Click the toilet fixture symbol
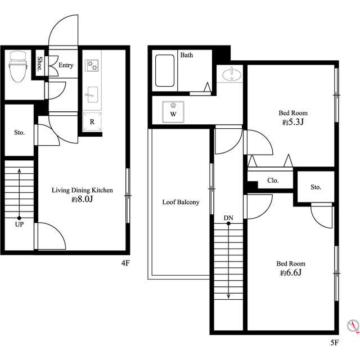click(19, 66)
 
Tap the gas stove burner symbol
click(92, 65)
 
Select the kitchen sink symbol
click(92, 94)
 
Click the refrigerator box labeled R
click(92, 121)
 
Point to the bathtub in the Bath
click(165, 70)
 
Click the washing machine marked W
click(173, 112)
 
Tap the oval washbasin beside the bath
click(232, 75)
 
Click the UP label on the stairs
click(19, 224)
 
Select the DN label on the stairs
click(228, 218)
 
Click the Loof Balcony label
click(181, 202)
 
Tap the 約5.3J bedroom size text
click(293, 122)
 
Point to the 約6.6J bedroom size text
click(291, 273)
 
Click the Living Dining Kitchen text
click(82, 190)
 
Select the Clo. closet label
click(273, 181)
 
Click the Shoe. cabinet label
click(40, 63)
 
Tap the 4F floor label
click(125, 263)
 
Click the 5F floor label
click(335, 343)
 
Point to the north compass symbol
click(353, 326)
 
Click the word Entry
click(66, 65)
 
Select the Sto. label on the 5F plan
click(316, 187)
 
